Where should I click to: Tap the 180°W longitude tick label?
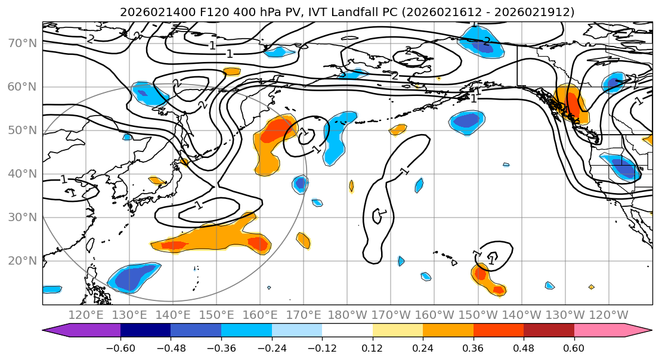coord(348,315)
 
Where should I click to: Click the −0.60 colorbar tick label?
coord(120,347)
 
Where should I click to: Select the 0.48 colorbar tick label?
coord(524,347)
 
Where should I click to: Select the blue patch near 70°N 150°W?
coord(480,41)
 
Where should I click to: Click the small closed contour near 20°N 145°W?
coord(495,255)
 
